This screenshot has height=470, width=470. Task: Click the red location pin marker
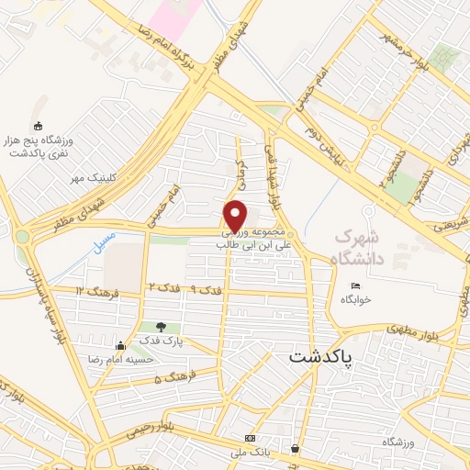(236, 215)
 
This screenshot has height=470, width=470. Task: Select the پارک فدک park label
(168, 341)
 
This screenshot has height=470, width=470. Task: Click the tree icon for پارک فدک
(162, 327)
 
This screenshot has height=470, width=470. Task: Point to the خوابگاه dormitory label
(354, 300)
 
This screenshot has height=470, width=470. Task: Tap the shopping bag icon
(294, 449)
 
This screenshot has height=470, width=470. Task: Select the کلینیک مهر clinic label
(93, 178)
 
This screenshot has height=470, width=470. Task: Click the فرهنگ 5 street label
(171, 379)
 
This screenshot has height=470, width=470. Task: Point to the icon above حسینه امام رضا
(121, 346)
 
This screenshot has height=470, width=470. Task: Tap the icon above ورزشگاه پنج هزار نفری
(37, 126)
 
